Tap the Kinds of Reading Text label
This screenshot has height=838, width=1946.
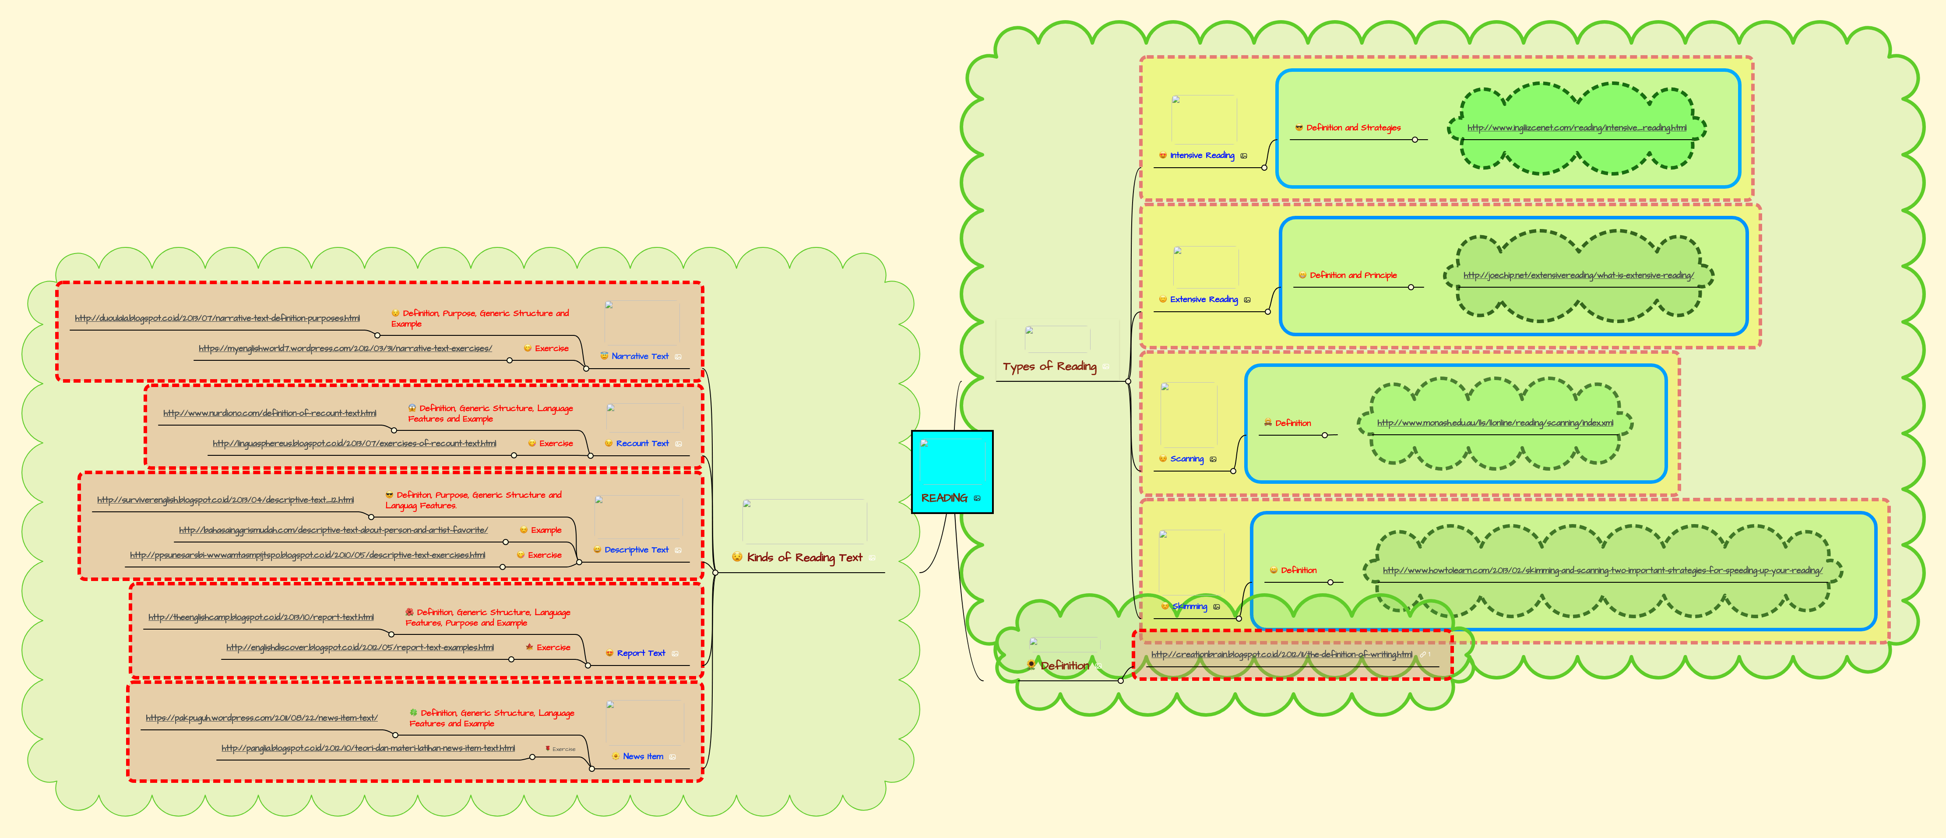click(804, 558)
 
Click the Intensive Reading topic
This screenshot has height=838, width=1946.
click(1201, 156)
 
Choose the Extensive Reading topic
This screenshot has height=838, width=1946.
click(1203, 300)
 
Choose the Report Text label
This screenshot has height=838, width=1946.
click(640, 653)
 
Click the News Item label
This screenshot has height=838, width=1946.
click(642, 757)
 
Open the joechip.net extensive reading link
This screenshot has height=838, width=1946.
click(1578, 276)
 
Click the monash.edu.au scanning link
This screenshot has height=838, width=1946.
click(1494, 423)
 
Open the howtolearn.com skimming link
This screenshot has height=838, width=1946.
click(1601, 570)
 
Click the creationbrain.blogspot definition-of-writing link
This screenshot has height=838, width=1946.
click(1281, 655)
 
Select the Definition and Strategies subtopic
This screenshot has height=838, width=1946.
click(1352, 128)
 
